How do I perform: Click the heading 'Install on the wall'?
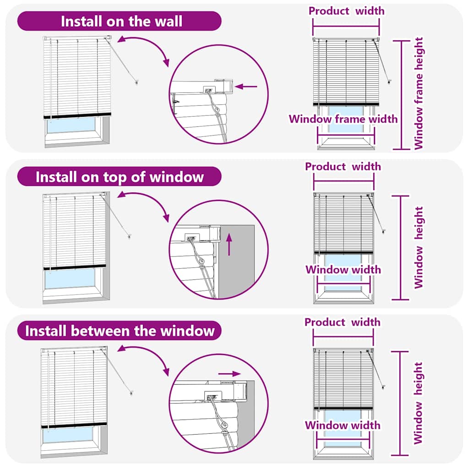point(121,21)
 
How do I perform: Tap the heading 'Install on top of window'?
point(120,176)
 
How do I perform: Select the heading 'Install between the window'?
point(120,330)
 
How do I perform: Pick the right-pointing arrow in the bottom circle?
point(229,374)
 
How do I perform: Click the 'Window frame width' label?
point(343,119)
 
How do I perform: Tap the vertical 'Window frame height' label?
point(419,93)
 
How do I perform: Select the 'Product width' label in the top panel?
point(346,11)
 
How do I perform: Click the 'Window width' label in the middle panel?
point(343,269)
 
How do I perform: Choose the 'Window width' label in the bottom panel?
point(343,425)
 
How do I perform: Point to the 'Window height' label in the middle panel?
point(419,247)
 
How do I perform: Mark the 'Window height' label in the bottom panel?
point(418,403)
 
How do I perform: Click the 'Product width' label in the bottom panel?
point(343,322)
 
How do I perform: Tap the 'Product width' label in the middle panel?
point(343,166)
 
